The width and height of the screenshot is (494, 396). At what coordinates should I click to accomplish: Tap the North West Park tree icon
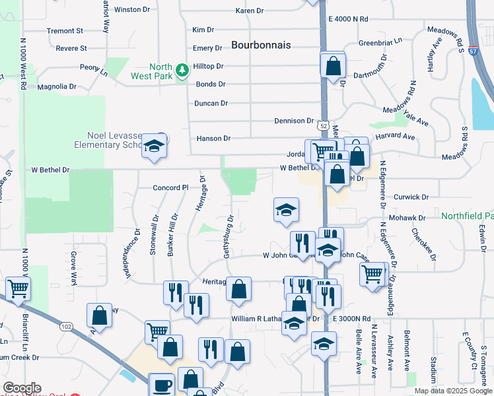[x=182, y=69]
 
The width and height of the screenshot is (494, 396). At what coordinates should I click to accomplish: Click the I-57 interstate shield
[x=474, y=49]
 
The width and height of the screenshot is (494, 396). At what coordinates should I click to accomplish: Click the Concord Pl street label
[x=171, y=187]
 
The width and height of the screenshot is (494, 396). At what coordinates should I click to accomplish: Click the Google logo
[x=22, y=388]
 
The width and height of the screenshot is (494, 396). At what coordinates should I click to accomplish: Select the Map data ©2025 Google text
[x=453, y=391]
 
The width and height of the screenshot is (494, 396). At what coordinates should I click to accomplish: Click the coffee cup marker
[x=162, y=385]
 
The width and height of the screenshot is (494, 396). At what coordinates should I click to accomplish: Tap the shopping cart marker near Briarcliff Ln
[x=18, y=288]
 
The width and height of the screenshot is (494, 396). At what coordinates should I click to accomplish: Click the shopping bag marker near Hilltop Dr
[x=334, y=65]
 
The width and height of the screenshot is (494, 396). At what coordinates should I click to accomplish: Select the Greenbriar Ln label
[x=380, y=43]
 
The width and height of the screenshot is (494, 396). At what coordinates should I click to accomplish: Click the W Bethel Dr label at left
[x=50, y=170]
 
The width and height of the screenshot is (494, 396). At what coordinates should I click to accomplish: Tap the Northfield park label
[x=467, y=216]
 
